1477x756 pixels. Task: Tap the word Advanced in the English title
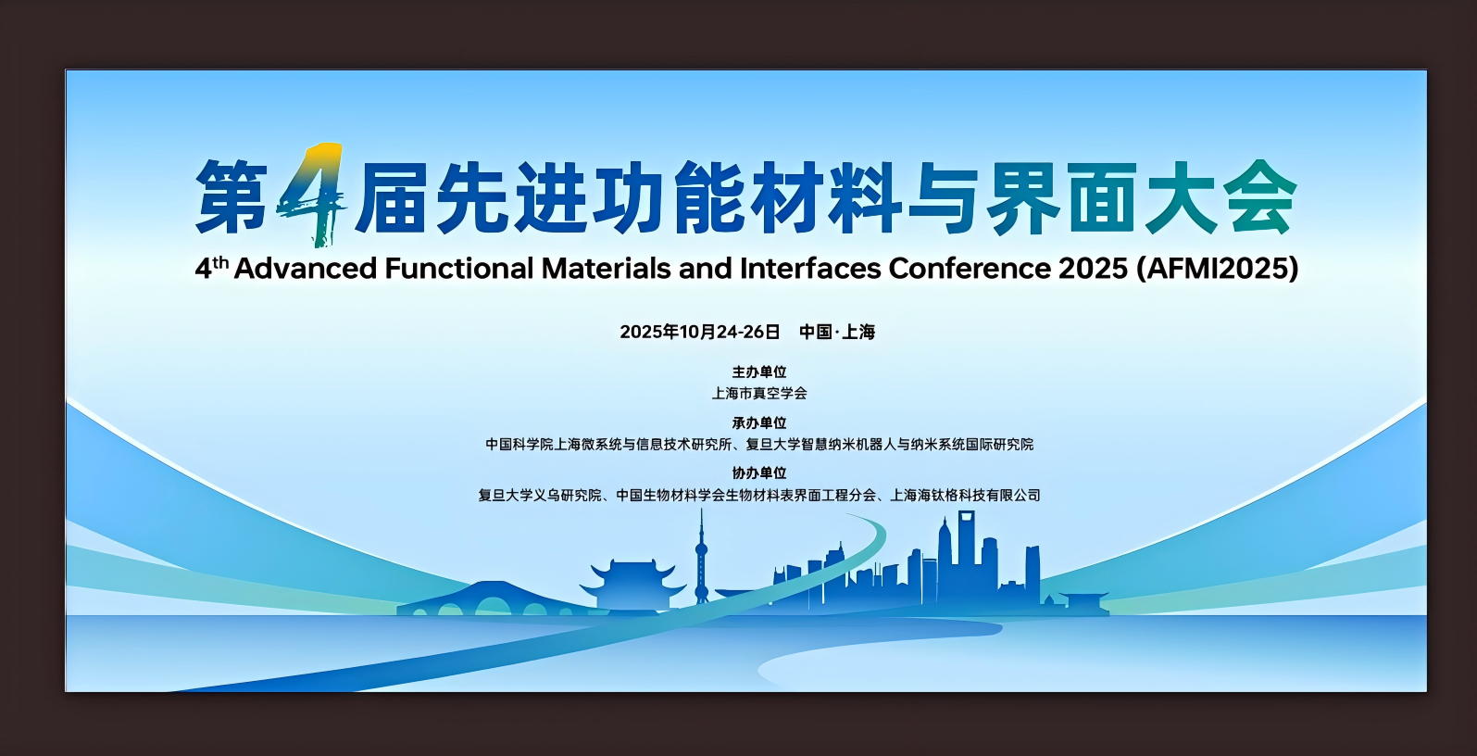(306, 269)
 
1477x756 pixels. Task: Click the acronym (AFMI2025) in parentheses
(1217, 269)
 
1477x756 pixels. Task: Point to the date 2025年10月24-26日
(699, 332)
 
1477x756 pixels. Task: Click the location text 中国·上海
(837, 332)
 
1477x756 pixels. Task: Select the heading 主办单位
(759, 372)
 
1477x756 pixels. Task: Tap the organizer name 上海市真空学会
(759, 393)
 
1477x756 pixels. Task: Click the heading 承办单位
(759, 422)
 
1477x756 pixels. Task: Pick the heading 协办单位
(759, 473)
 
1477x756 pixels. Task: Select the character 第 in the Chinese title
(232, 195)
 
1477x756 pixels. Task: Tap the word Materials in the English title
(607, 269)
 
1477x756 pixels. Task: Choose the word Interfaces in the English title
(810, 269)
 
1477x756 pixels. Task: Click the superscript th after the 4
(220, 262)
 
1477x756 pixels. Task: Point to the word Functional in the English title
(459, 269)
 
